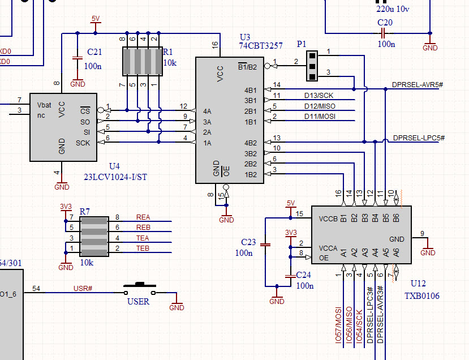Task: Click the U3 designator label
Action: coord(246,37)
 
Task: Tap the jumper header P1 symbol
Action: coord(312,66)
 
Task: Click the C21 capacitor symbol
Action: coord(77,58)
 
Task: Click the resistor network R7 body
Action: coord(93,236)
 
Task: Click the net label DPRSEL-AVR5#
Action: coord(418,85)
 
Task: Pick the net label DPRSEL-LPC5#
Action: coord(418,138)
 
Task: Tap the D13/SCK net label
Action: coord(319,96)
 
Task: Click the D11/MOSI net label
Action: coord(320,117)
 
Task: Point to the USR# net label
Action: coord(83,289)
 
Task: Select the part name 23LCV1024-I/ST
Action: coord(115,176)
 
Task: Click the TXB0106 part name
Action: coord(421,296)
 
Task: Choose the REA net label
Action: coord(143,217)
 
